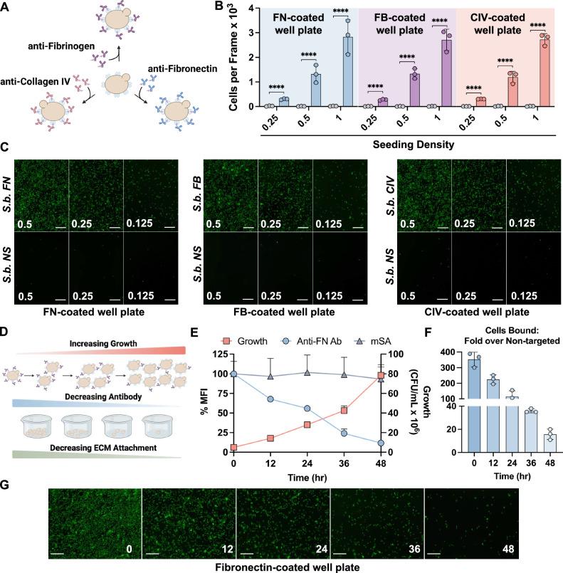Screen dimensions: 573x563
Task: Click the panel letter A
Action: (6, 7)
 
